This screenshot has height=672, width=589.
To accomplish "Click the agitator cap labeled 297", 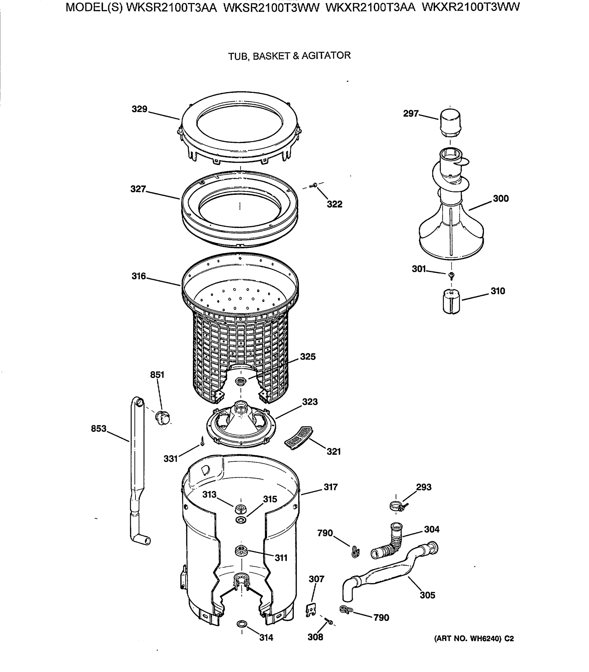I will pyautogui.click(x=450, y=123).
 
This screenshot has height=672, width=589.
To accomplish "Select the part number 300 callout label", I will pyautogui.click(x=500, y=199).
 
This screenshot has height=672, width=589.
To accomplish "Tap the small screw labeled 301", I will pyautogui.click(x=451, y=274).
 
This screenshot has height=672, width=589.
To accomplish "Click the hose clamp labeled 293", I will pyautogui.click(x=397, y=506).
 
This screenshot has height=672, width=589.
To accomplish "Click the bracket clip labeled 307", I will pyautogui.click(x=311, y=610).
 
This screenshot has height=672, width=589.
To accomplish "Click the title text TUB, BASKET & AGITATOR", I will pyautogui.click(x=289, y=56).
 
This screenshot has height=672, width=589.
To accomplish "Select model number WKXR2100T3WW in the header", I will pyautogui.click(x=470, y=7).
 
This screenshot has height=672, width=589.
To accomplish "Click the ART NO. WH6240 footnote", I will pyautogui.click(x=474, y=638).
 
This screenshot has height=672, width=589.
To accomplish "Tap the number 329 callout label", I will pyautogui.click(x=139, y=109).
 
